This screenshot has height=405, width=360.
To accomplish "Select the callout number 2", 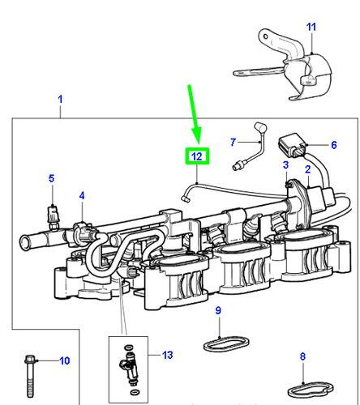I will (308, 168).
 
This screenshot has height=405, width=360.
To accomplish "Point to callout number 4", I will (81, 196).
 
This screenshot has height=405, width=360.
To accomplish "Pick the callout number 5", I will (50, 178).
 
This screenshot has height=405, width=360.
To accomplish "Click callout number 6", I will (332, 145).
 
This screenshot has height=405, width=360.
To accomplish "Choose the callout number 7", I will (231, 142).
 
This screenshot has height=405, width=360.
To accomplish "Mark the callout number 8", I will (302, 356).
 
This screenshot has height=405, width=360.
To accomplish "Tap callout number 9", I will (217, 311).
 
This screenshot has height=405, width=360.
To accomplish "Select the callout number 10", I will (65, 360).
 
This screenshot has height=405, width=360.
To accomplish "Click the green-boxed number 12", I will (197, 155).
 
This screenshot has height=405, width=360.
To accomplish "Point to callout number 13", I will (168, 355).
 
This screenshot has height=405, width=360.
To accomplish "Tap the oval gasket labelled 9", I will (218, 342).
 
